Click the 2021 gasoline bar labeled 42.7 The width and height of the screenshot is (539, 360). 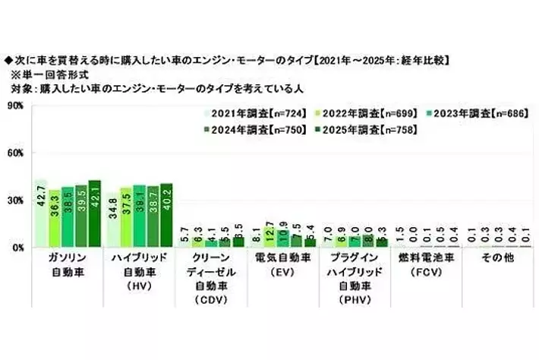tap(41, 213)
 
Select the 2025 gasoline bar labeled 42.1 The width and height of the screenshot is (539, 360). tap(94, 213)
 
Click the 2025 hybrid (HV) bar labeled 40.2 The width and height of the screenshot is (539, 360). tap(166, 215)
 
